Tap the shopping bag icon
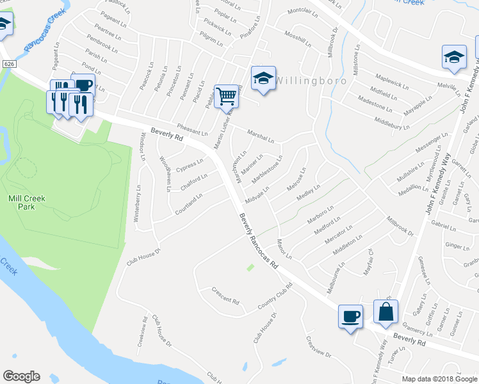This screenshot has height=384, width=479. (386, 312)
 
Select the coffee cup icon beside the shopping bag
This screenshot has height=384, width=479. (350, 316)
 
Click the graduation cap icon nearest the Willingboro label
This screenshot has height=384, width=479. (263, 78)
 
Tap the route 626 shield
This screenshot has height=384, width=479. (8, 64)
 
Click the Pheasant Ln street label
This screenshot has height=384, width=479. (192, 130)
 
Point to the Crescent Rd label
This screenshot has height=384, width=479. (225, 296)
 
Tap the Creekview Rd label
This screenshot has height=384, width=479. (142, 332)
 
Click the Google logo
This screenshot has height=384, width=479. (21, 376)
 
